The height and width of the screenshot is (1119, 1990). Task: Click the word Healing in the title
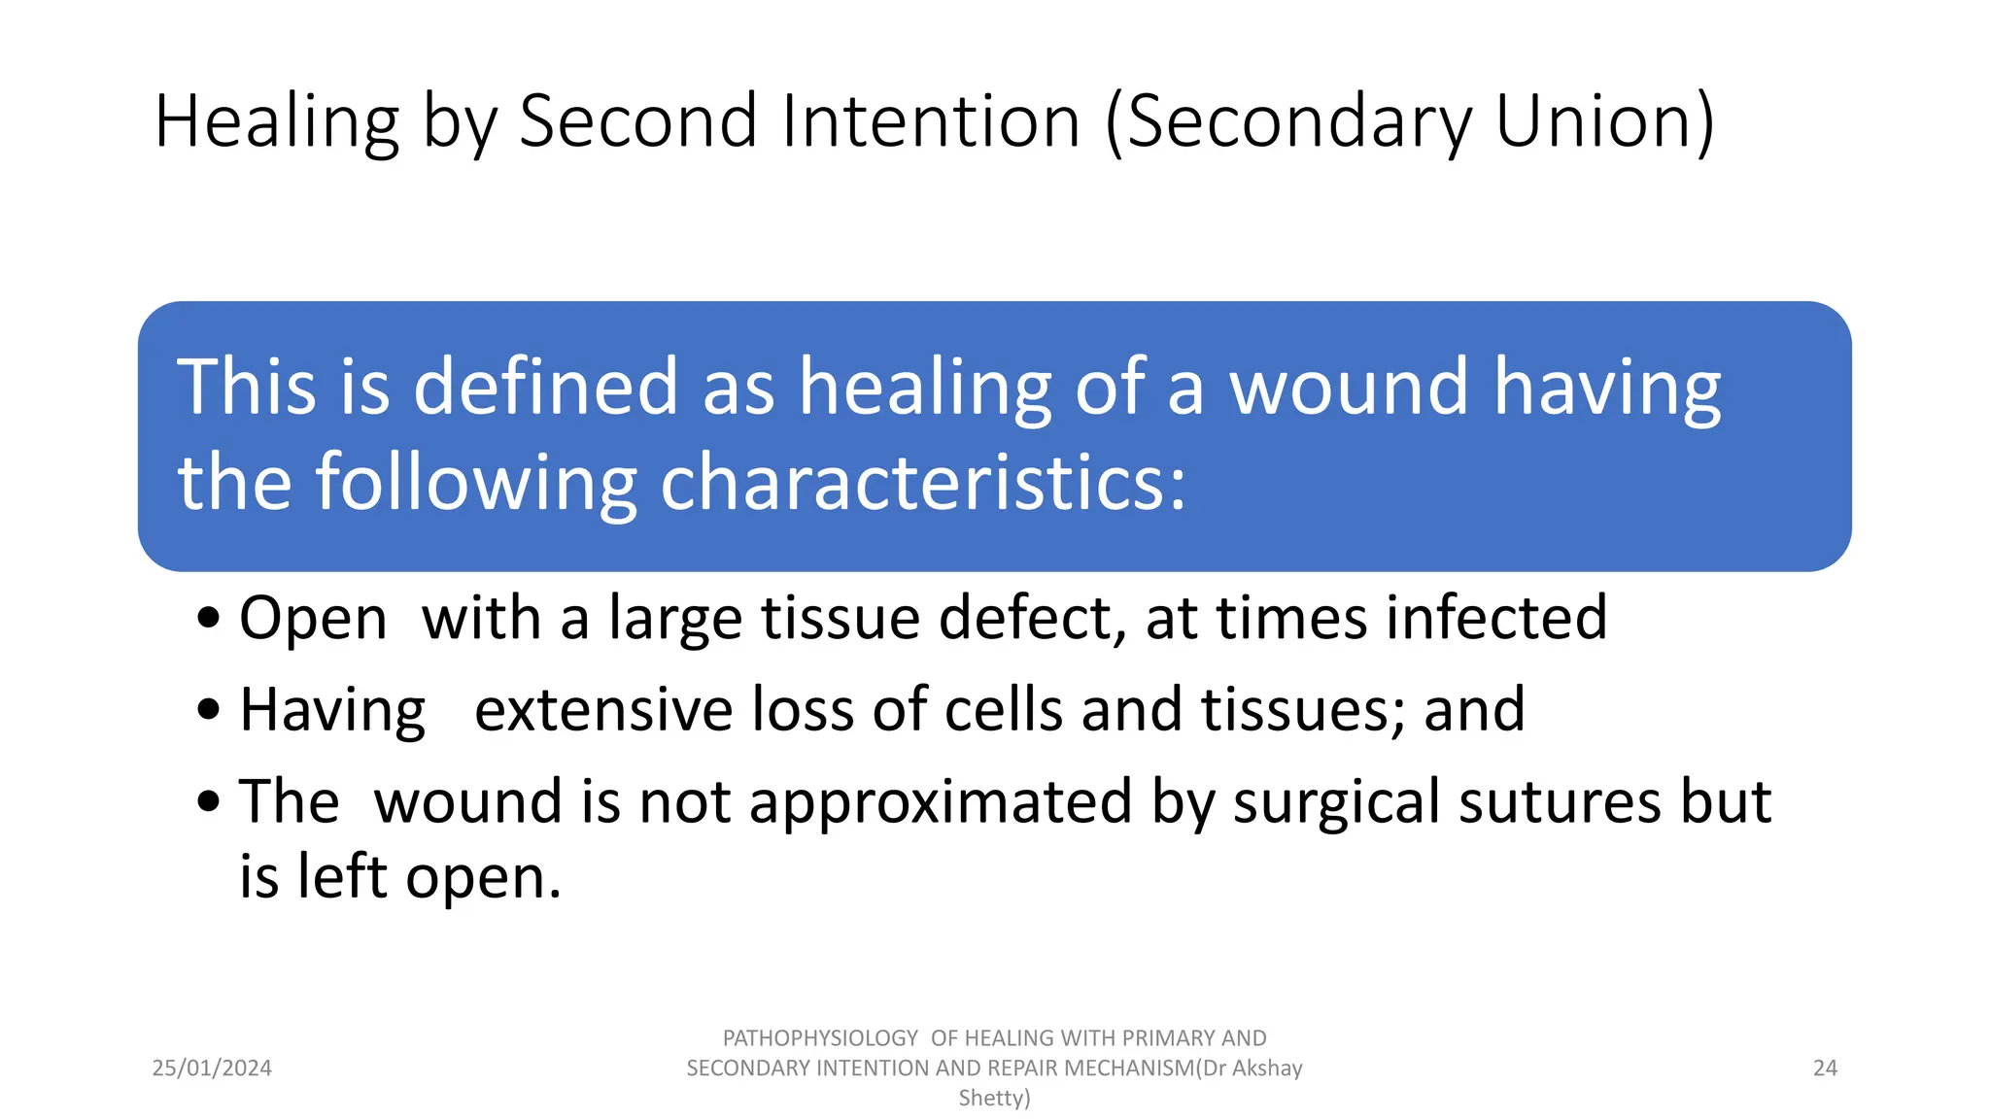tap(277, 121)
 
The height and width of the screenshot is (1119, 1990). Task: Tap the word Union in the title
tap(1594, 121)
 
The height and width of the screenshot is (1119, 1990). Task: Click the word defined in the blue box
tap(545, 387)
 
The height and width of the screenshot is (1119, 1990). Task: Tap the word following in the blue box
tap(476, 482)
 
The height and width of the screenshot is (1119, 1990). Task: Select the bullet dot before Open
tap(208, 619)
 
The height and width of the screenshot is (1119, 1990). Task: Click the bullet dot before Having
tap(208, 710)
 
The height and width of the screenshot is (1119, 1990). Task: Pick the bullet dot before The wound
tap(208, 802)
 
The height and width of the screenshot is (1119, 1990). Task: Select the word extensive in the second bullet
tap(603, 709)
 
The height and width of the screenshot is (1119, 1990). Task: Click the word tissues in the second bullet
tap(1302, 709)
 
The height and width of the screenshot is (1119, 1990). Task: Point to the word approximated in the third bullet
tap(940, 802)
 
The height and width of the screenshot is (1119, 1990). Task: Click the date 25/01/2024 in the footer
tap(212, 1068)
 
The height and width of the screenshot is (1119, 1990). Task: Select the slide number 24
tap(1825, 1068)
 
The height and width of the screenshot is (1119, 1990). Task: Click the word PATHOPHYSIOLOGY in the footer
tap(820, 1038)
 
